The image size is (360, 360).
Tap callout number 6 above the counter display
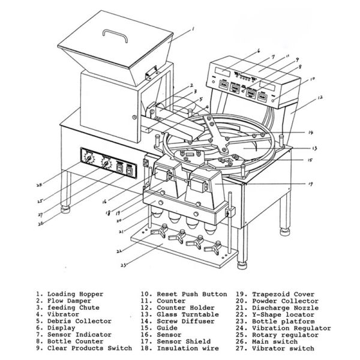coord(258,52)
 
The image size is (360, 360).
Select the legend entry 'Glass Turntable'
coord(183,314)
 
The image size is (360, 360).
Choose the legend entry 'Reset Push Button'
coord(191,294)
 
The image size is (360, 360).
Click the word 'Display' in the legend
coord(61,328)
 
